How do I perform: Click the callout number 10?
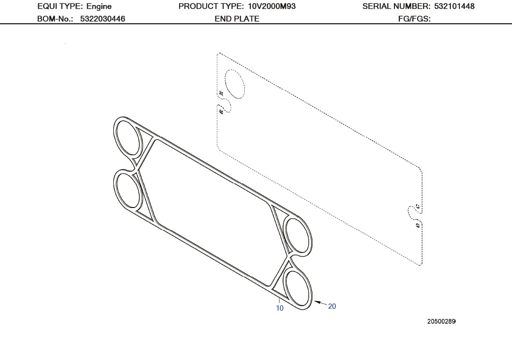(280, 308)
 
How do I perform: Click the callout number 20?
(332, 306)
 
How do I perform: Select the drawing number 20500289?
(441, 321)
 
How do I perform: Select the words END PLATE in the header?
(237, 19)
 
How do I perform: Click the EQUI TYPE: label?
(61, 7)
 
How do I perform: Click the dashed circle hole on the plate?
(235, 83)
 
